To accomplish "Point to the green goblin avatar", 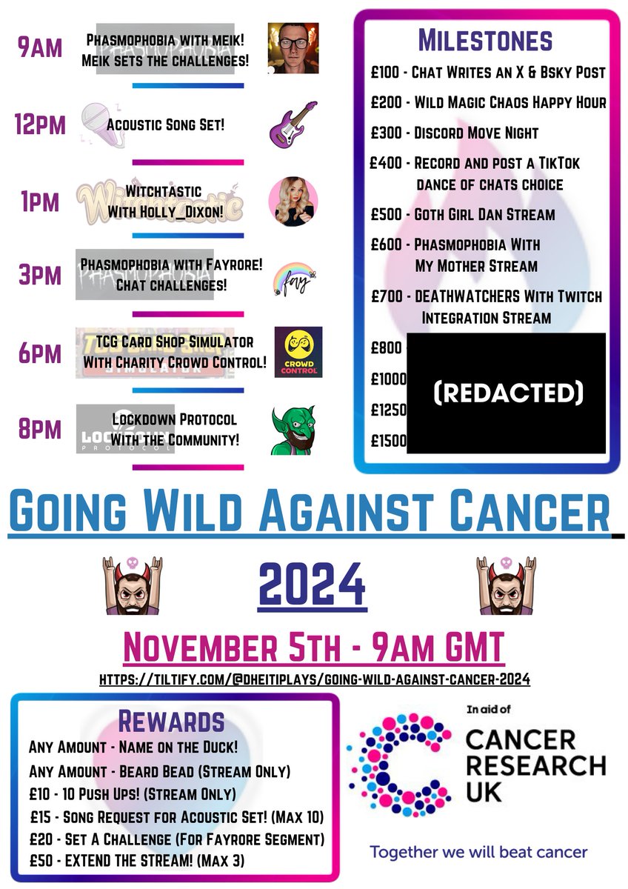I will pos(293,430).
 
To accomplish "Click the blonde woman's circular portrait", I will pos(293,201).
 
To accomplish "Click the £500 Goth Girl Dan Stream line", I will pos(463,215).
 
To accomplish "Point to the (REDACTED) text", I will pos(507,393).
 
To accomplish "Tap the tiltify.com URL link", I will pos(314,679).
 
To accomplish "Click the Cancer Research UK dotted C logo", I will pos(400,763).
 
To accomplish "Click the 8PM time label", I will pos(39,430).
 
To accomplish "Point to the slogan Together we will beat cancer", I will pos(478,852).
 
